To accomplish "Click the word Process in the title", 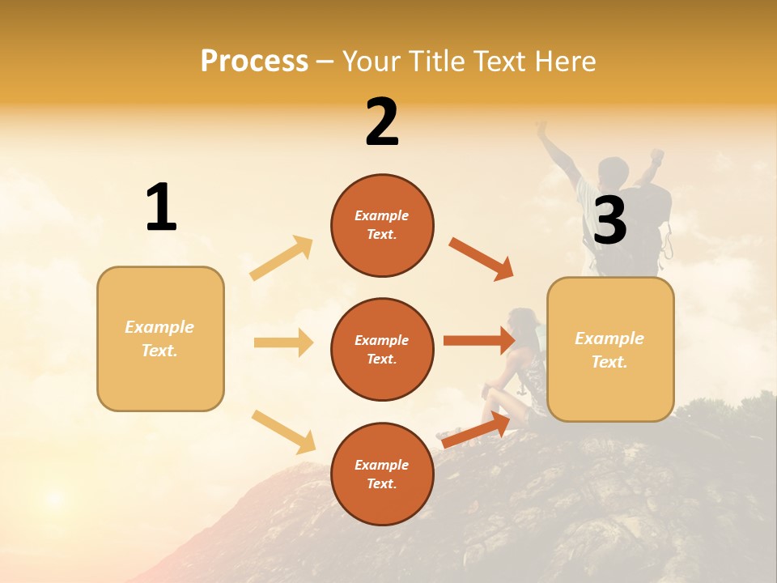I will pyautogui.click(x=254, y=61).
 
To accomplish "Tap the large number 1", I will pyautogui.click(x=161, y=208).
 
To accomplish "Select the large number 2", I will pyautogui.click(x=382, y=122).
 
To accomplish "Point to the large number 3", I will pyautogui.click(x=609, y=220).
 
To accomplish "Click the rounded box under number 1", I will pyautogui.click(x=160, y=338).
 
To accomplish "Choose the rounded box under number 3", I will pyautogui.click(x=610, y=349).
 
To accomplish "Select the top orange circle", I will pyautogui.click(x=382, y=225).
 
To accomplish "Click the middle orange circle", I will pyautogui.click(x=382, y=349).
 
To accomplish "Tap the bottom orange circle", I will pyautogui.click(x=382, y=474).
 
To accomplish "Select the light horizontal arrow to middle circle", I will pyautogui.click(x=283, y=343).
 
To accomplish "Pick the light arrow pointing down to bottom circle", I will pyautogui.click(x=283, y=432).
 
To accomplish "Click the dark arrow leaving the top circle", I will pyautogui.click(x=481, y=259).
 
